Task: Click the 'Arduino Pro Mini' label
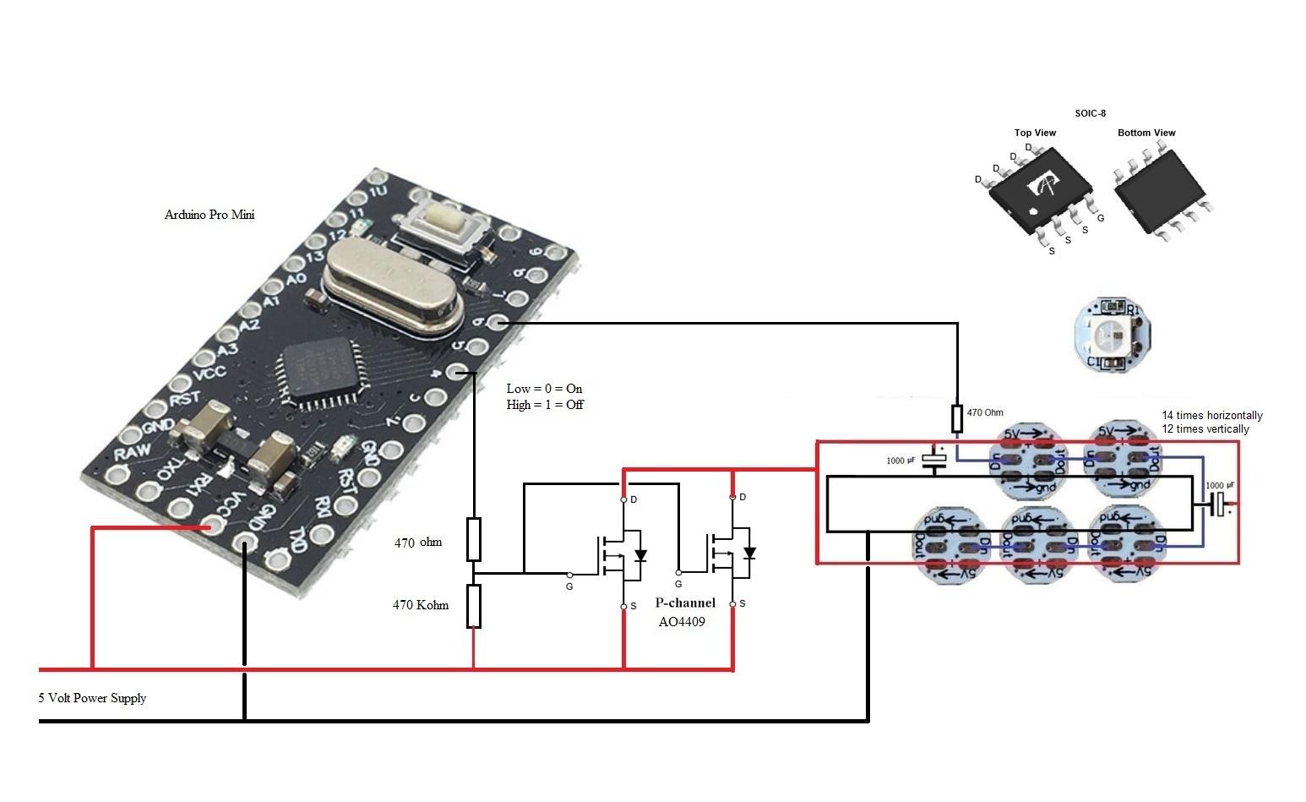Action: [210, 215]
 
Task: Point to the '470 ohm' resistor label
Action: [417, 543]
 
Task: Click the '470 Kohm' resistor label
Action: [420, 605]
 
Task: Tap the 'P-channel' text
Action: [685, 603]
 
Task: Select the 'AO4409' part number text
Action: [682, 621]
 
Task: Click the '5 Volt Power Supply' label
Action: [92, 698]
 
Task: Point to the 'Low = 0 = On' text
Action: [544, 389]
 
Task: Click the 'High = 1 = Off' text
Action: [545, 405]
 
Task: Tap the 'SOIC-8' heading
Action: [1090, 113]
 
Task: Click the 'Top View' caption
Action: [1035, 133]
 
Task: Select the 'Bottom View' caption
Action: [1146, 133]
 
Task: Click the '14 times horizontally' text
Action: [1211, 416]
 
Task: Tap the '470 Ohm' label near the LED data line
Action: [985, 413]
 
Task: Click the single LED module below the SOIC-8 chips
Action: [1114, 335]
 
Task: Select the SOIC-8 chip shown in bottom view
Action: [1162, 194]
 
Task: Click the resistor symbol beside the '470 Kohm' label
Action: [474, 606]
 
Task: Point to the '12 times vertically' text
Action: [1205, 429]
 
